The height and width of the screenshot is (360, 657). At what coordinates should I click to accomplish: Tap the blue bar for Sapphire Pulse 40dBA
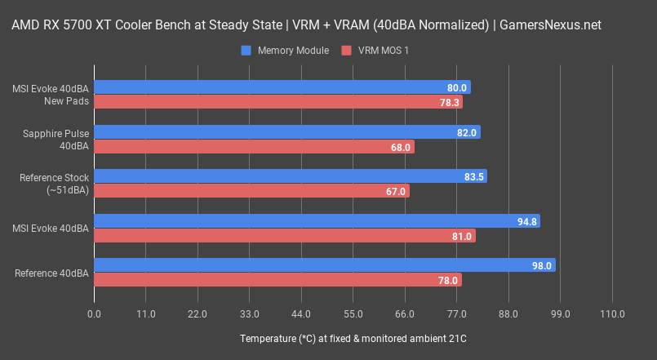point(286,132)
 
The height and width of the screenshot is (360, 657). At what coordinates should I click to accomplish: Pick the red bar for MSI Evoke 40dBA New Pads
point(278,102)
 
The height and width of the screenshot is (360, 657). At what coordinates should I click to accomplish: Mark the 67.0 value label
point(395,191)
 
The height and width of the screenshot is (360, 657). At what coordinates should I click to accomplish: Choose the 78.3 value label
point(450,102)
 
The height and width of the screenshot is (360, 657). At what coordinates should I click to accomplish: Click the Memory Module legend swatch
point(246,51)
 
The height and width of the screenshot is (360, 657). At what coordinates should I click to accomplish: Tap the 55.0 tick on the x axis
point(353,314)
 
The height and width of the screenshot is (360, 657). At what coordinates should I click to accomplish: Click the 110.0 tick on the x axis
point(612,314)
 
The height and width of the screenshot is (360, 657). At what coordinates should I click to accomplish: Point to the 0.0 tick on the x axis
point(94,314)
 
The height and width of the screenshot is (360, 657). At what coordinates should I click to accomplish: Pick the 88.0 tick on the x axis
point(508,314)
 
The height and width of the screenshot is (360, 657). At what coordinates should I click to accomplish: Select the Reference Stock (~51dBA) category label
point(55,184)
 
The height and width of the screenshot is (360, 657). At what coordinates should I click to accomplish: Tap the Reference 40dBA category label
point(51,273)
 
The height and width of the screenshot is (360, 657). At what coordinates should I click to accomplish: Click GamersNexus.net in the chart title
point(552,24)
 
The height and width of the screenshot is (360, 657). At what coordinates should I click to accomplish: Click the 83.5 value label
point(473,176)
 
